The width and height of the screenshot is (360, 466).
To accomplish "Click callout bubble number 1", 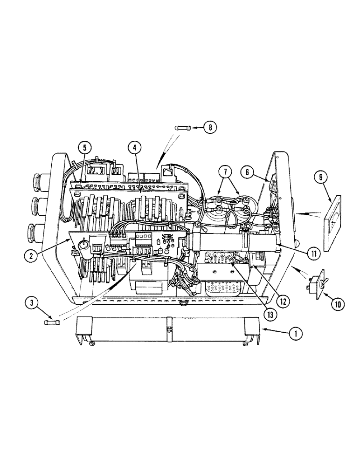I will (x=295, y=333).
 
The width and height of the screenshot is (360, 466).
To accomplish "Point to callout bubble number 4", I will (x=134, y=149).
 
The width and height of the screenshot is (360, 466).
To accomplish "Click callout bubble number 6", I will (x=248, y=172).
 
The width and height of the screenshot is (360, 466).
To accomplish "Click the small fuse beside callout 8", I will (x=182, y=127).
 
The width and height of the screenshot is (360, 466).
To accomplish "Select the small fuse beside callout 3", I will (x=51, y=322).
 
